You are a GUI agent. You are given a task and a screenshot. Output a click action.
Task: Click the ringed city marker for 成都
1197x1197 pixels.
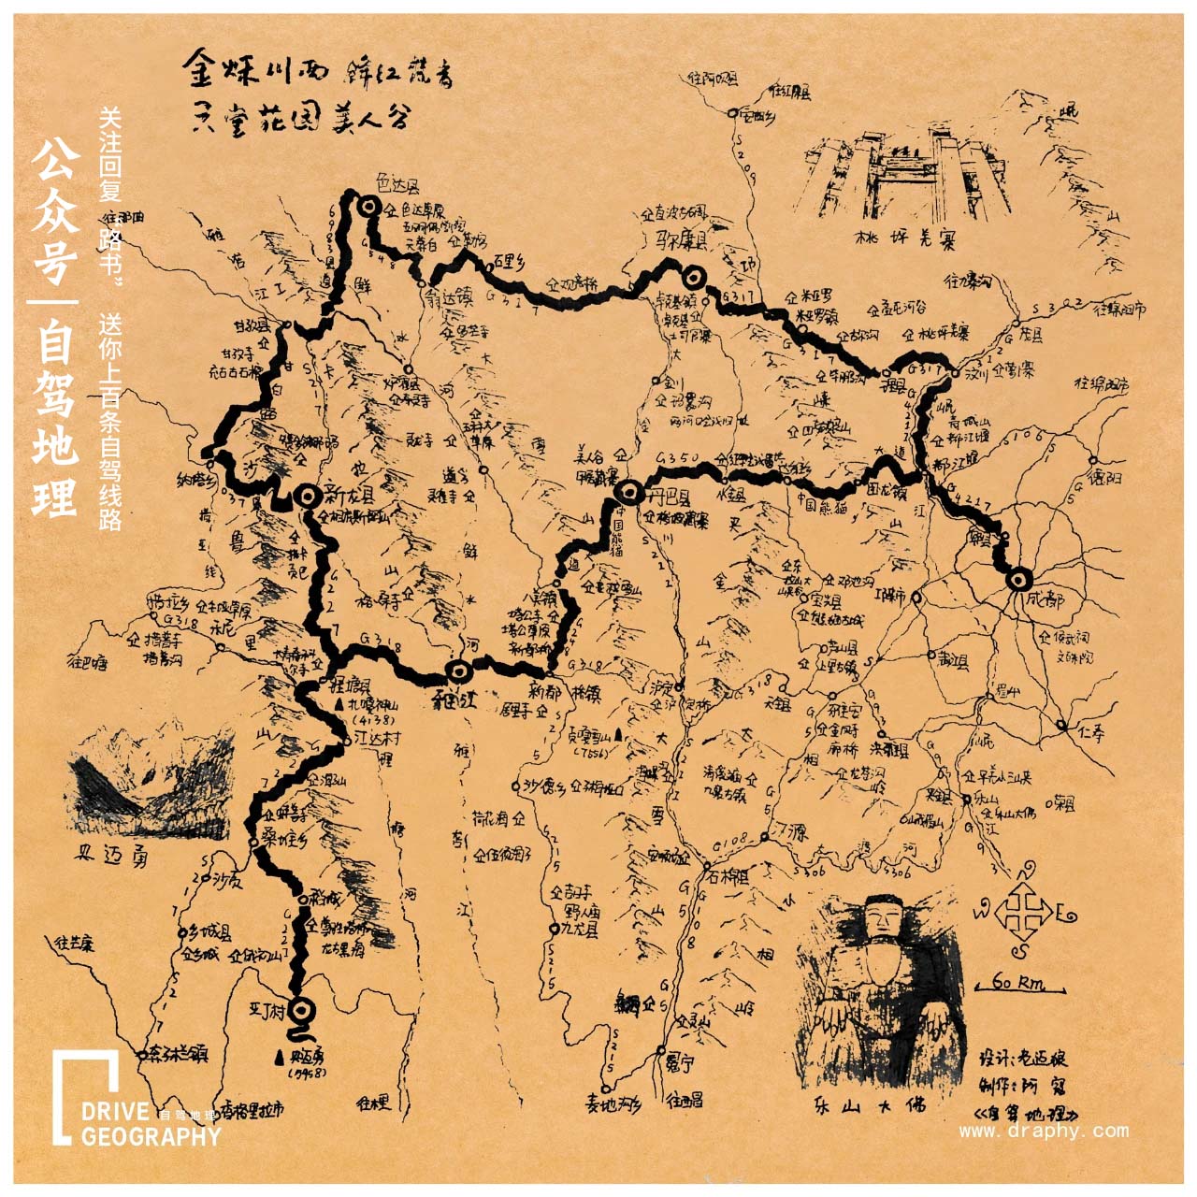[1018, 579]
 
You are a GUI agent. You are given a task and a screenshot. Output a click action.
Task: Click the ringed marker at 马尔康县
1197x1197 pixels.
[693, 277]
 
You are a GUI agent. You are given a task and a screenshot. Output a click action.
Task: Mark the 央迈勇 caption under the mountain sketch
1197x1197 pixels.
[111, 855]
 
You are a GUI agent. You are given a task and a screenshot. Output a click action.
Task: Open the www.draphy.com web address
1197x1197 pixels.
[1043, 1132]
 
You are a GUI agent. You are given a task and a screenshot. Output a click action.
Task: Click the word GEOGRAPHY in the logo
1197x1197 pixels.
[151, 1137]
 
